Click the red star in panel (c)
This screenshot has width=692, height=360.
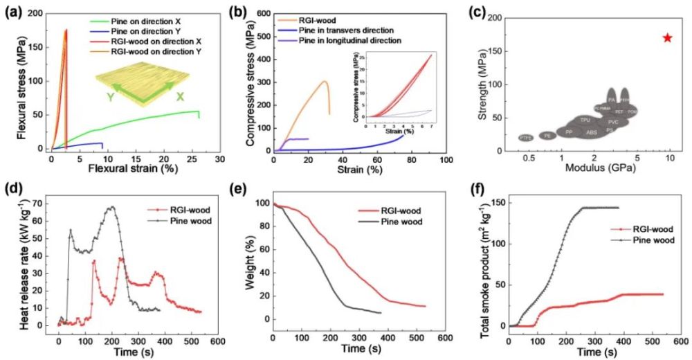667,37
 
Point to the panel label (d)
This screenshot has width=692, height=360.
12,189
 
